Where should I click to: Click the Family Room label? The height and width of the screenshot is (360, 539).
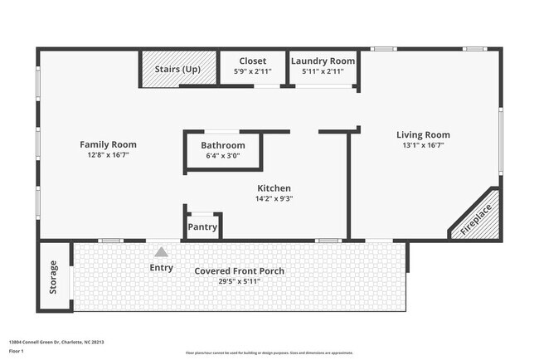[108, 144]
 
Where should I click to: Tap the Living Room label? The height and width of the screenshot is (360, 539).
[423, 134]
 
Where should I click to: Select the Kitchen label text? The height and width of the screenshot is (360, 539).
[274, 188]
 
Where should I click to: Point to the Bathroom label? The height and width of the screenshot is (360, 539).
[223, 145]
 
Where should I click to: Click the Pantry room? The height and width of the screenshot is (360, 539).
[202, 226]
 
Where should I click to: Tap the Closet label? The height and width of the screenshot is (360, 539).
[253, 61]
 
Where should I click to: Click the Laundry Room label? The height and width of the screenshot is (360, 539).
[323, 61]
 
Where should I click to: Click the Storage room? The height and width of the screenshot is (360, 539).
[54, 275]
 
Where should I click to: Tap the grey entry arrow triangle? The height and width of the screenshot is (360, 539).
[162, 252]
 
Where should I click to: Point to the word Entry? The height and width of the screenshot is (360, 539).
[162, 267]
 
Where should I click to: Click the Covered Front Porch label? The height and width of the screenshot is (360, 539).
[239, 271]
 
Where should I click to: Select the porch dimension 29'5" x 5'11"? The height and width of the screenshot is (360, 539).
[239, 281]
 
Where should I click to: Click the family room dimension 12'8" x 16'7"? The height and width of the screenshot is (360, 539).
[108, 155]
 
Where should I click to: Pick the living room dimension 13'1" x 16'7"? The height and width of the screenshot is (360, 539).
[423, 145]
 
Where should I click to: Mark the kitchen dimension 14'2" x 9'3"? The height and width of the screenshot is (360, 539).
[274, 198]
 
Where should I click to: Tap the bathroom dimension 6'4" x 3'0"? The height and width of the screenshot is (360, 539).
[223, 155]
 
